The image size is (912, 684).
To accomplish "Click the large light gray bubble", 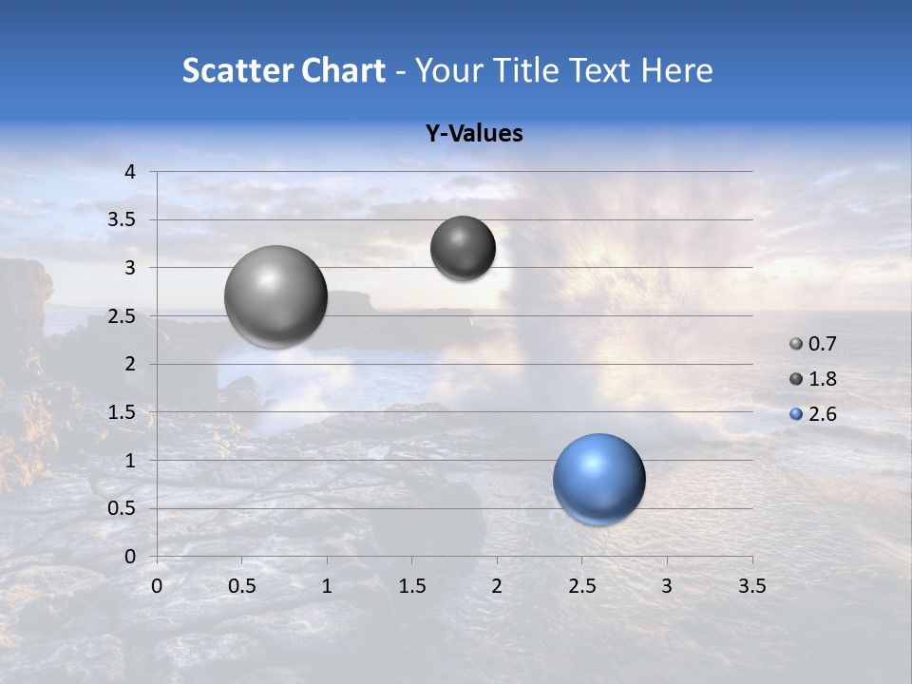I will click(x=276, y=296).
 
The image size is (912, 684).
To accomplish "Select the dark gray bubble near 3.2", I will click(x=463, y=248).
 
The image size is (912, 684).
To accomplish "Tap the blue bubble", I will click(x=598, y=479).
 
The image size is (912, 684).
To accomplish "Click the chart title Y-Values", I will click(x=474, y=134).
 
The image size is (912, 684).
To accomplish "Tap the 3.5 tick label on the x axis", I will click(x=751, y=586).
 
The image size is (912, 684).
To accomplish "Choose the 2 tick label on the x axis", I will click(x=497, y=586).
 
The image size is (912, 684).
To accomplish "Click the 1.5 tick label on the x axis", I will click(x=411, y=586).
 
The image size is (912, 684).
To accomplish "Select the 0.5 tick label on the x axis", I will click(x=241, y=586).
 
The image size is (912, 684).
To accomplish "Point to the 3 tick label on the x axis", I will click(x=667, y=586).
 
